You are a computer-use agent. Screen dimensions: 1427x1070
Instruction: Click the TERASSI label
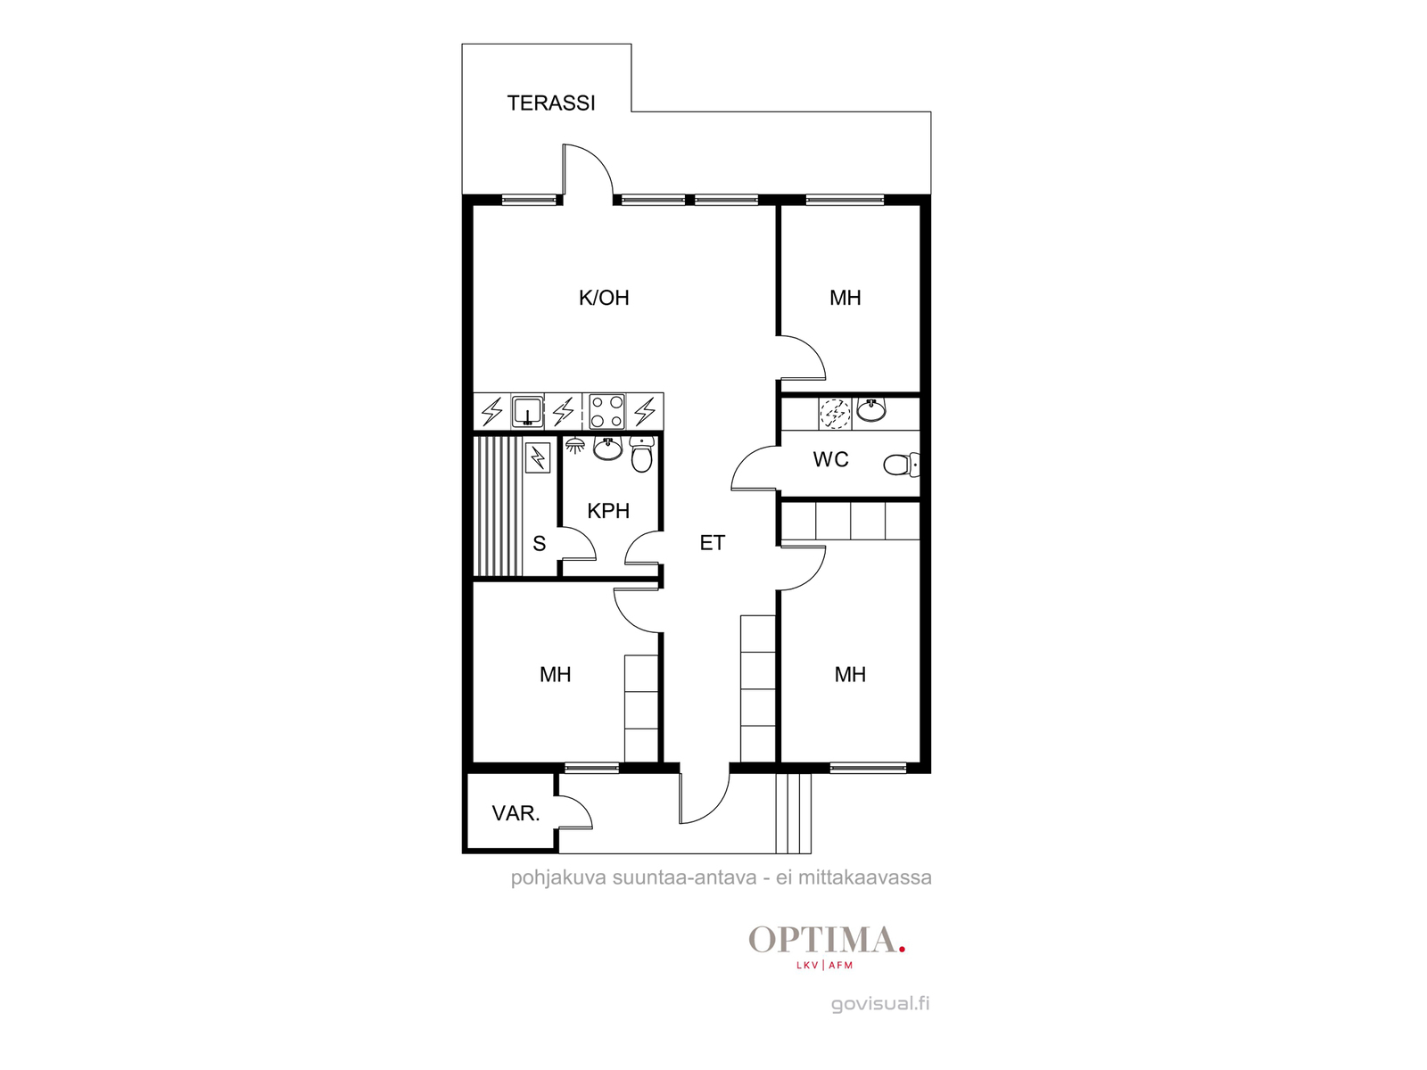click(x=550, y=103)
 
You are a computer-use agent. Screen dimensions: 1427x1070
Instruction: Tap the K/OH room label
click(x=604, y=298)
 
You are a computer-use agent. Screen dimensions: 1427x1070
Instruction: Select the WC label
click(x=830, y=459)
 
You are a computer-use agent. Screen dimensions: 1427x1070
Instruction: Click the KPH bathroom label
click(x=608, y=511)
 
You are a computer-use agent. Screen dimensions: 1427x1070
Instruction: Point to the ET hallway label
click(x=712, y=542)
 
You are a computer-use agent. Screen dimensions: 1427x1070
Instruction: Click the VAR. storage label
click(x=516, y=812)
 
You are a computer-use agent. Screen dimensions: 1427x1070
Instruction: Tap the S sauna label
click(x=539, y=543)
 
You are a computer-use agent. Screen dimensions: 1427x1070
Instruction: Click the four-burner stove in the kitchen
click(x=606, y=411)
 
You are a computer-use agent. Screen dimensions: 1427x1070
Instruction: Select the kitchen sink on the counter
click(x=527, y=411)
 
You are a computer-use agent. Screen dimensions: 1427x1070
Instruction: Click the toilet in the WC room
click(x=901, y=465)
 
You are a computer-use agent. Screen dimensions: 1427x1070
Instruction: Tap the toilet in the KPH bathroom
click(x=641, y=454)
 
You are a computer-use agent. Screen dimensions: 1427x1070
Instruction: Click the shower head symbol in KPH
click(x=574, y=446)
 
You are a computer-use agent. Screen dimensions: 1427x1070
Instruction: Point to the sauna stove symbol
click(x=538, y=457)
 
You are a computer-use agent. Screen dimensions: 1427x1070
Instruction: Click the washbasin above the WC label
click(x=871, y=410)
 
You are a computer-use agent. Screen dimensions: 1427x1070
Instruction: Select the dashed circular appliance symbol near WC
click(x=835, y=413)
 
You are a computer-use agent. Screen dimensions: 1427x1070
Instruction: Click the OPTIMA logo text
click(x=826, y=940)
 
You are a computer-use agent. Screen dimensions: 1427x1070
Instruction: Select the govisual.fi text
click(x=880, y=1004)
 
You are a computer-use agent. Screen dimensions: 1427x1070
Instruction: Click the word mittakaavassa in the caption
click(x=864, y=877)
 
